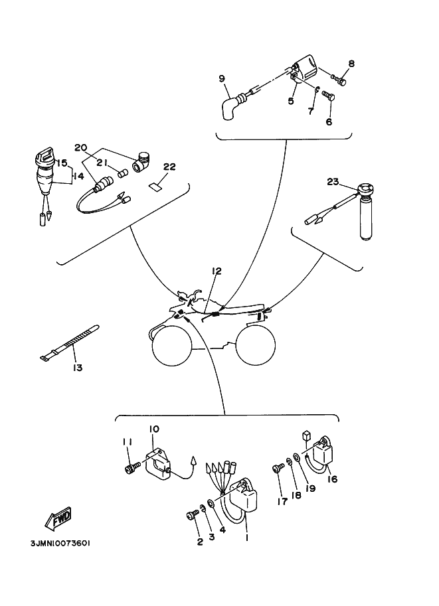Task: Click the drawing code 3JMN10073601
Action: click(59, 543)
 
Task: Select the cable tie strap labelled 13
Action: click(69, 343)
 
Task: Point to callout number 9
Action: click(222, 78)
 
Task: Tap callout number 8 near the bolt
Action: click(351, 64)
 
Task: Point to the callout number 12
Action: click(217, 271)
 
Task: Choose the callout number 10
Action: click(154, 429)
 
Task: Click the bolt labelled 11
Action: click(130, 469)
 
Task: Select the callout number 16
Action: click(333, 479)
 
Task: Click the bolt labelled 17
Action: click(276, 469)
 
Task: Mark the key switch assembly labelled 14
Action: click(44, 176)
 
